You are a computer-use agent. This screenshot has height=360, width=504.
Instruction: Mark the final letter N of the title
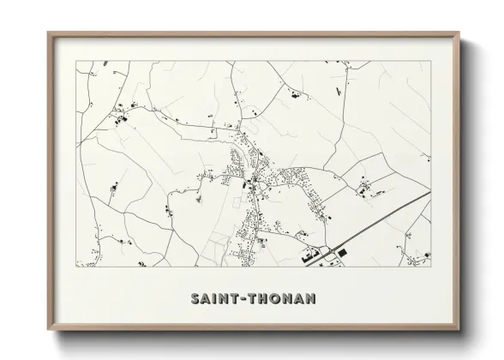point(310,298)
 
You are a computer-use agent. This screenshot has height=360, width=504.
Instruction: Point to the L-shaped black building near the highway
point(307,255)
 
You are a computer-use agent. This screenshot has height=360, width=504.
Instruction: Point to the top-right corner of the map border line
point(430,61)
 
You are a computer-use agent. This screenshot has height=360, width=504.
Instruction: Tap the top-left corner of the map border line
point(75,61)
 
